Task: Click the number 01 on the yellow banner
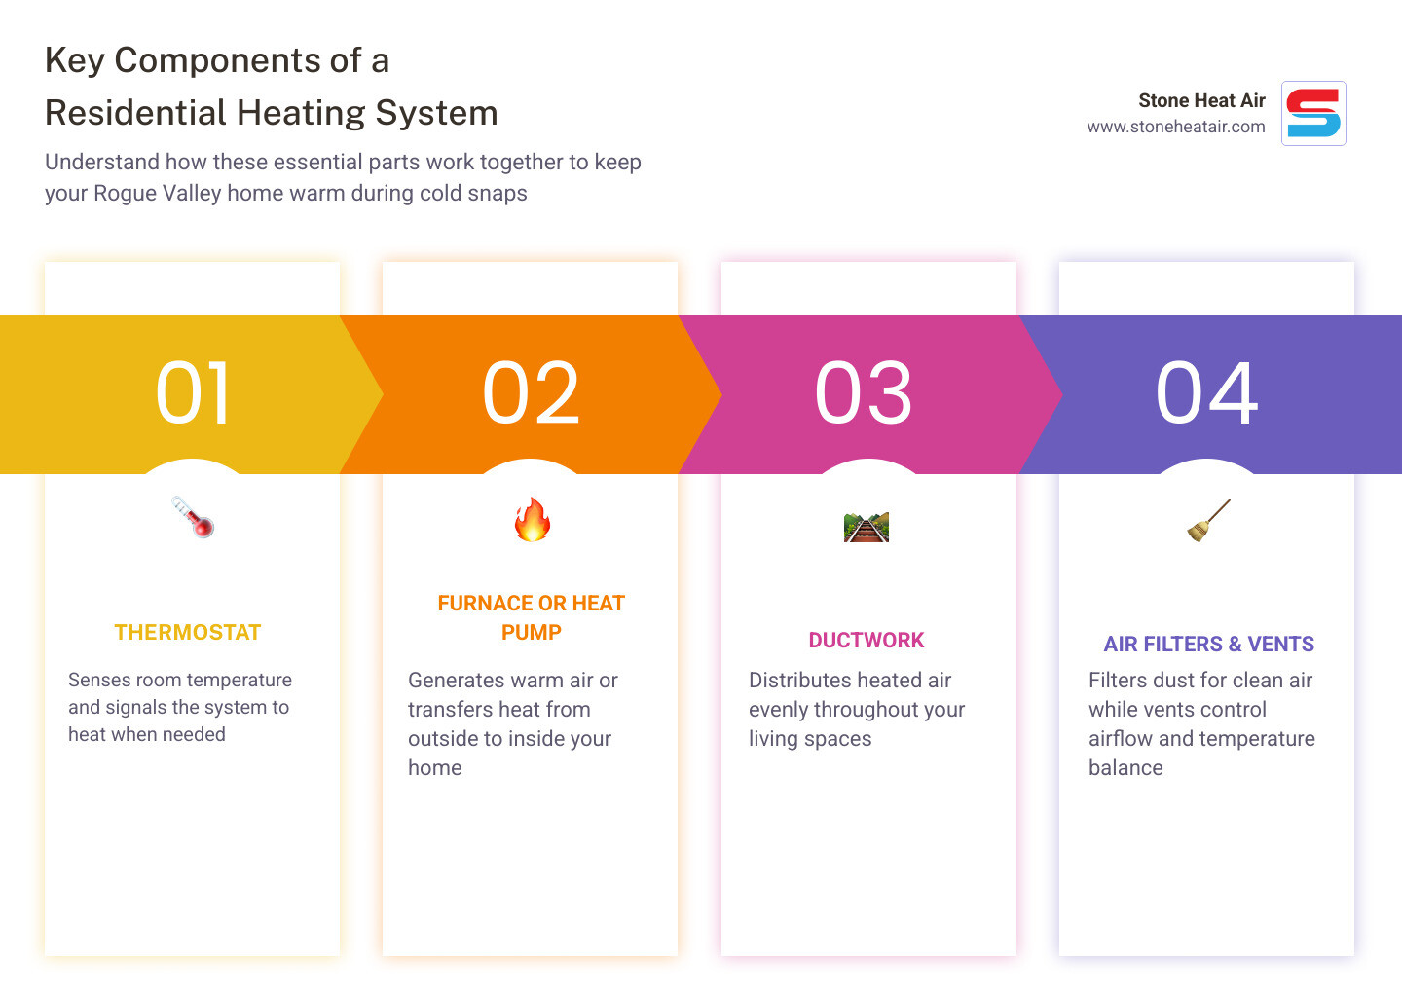click(194, 393)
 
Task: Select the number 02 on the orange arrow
click(532, 393)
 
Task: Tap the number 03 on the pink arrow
click(865, 393)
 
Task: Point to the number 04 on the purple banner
click(1207, 393)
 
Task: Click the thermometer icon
click(193, 517)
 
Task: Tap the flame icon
click(532, 520)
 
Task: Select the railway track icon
click(867, 527)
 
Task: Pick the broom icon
click(1208, 520)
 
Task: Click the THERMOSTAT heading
click(188, 633)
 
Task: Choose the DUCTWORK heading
click(867, 641)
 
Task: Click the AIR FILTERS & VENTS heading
click(1208, 645)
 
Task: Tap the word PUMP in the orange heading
click(532, 633)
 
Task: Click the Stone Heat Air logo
click(1313, 114)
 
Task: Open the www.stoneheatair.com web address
click(1176, 127)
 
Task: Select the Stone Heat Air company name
click(1201, 100)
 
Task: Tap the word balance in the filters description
click(1125, 768)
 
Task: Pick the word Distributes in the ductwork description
click(800, 681)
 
